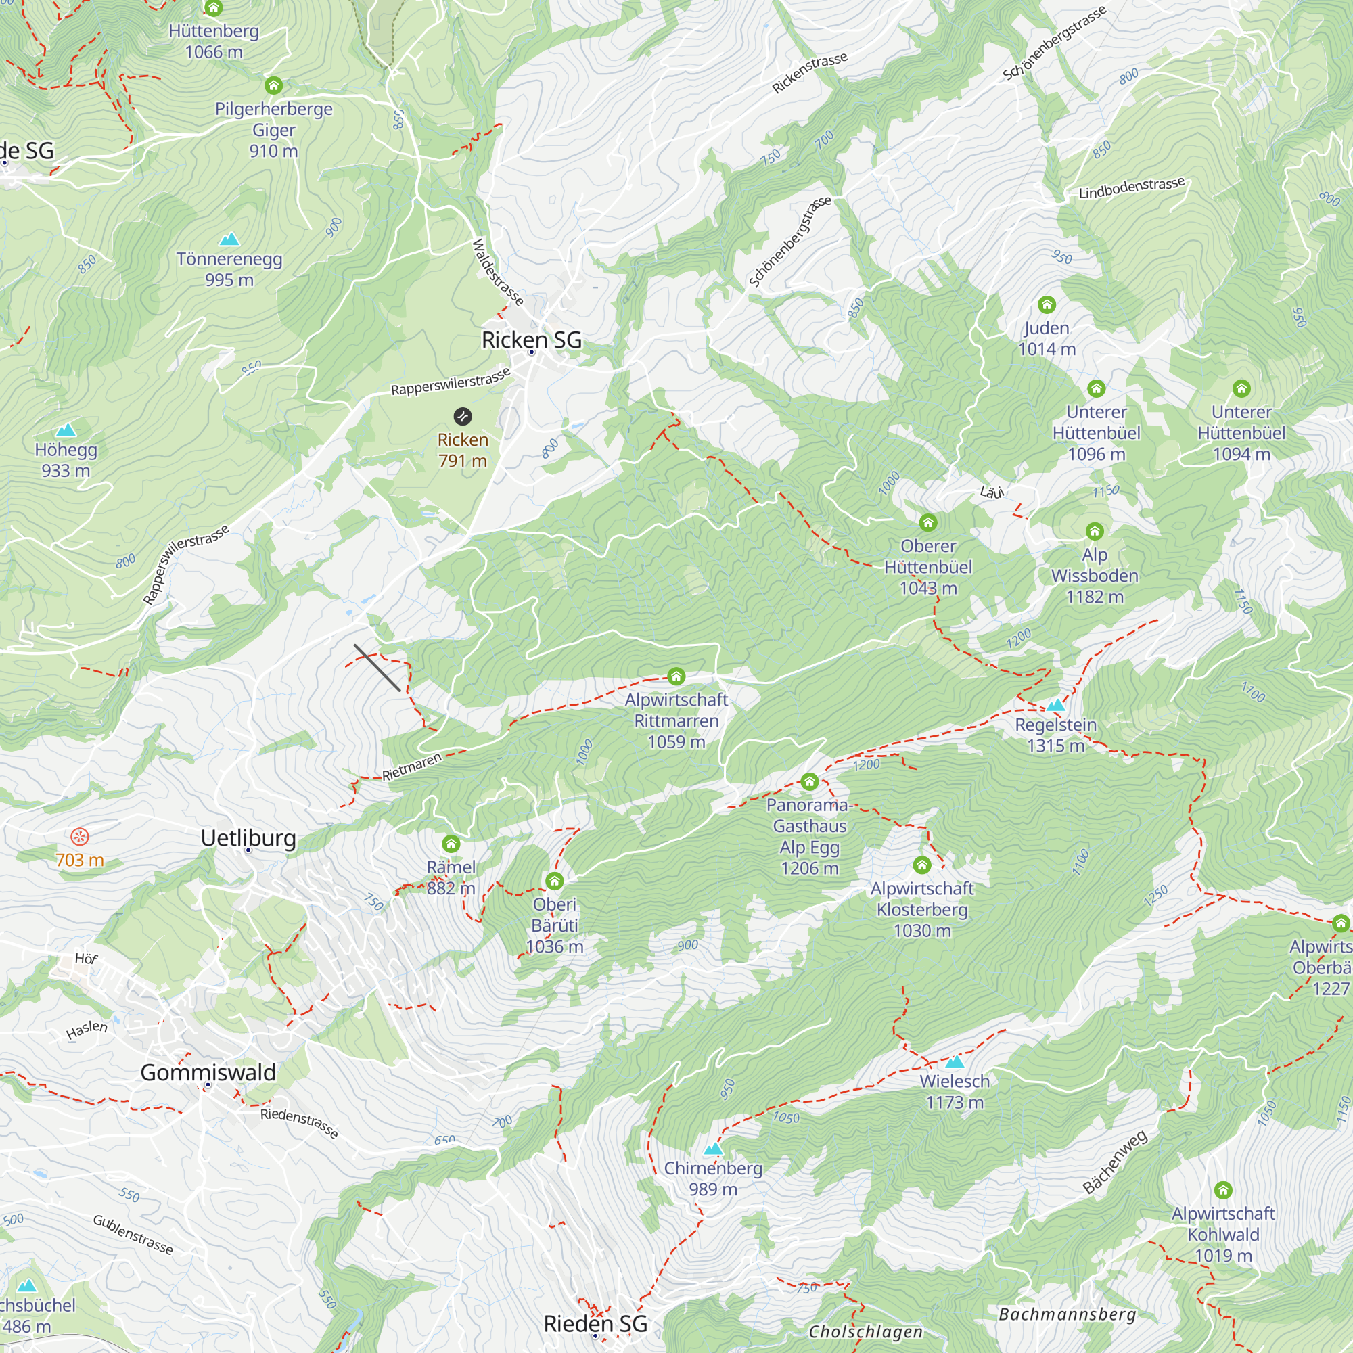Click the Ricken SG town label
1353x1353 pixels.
pyautogui.click(x=532, y=340)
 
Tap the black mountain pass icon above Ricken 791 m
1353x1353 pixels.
pyautogui.click(x=462, y=417)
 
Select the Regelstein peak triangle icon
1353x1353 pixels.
pyautogui.click(x=1056, y=705)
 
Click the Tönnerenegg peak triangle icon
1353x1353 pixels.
pyautogui.click(x=229, y=239)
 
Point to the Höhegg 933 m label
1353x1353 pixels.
pyautogui.click(x=66, y=460)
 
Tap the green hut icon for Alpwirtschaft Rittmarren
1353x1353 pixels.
pyautogui.click(x=676, y=676)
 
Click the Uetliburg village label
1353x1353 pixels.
pyautogui.click(x=248, y=838)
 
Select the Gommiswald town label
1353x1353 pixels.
pyautogui.click(x=208, y=1073)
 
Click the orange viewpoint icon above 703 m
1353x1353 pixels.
pyautogui.click(x=80, y=836)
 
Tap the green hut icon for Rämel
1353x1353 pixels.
pyautogui.click(x=451, y=844)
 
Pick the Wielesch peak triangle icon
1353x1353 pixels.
pyautogui.click(x=955, y=1061)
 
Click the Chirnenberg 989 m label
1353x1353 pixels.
pyautogui.click(x=713, y=1178)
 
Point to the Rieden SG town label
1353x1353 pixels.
pyautogui.click(x=595, y=1324)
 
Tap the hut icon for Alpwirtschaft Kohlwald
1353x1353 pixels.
pyautogui.click(x=1222, y=1190)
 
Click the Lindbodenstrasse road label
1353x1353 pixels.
pyautogui.click(x=1132, y=188)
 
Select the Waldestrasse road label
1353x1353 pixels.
pyautogui.click(x=497, y=273)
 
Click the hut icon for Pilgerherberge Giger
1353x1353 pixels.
pyautogui.click(x=274, y=85)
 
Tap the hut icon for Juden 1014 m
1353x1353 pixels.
pyautogui.click(x=1047, y=304)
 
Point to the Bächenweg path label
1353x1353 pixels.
pyautogui.click(x=1115, y=1162)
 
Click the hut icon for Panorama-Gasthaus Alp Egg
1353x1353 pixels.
pyautogui.click(x=810, y=781)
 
